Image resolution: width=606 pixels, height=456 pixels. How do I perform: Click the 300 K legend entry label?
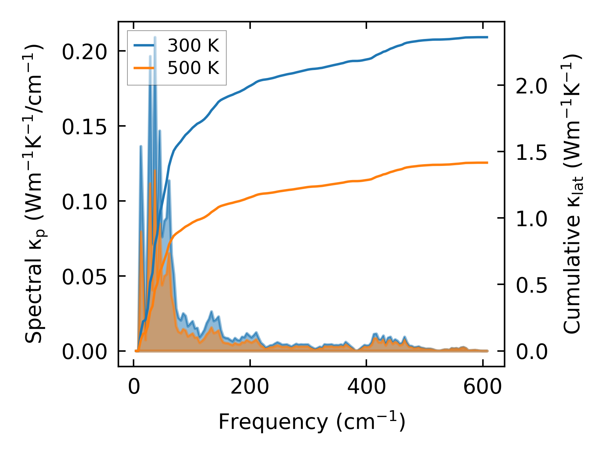[193, 46]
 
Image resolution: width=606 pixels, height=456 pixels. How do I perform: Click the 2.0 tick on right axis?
[532, 85]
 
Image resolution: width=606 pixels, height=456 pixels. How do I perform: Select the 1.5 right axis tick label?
[532, 152]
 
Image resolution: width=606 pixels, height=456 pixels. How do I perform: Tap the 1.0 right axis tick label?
[532, 218]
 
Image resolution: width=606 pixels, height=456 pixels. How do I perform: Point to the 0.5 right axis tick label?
[532, 285]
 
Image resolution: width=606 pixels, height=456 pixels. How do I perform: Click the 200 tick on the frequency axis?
[250, 387]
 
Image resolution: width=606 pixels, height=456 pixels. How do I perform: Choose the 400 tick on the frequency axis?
[366, 387]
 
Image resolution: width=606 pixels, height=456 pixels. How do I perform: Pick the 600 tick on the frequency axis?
[483, 387]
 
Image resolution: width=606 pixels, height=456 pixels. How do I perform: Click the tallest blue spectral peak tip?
[155, 37]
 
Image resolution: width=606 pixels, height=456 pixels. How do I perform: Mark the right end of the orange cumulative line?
[487, 163]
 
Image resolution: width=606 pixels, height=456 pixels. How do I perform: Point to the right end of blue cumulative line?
[487, 37]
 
